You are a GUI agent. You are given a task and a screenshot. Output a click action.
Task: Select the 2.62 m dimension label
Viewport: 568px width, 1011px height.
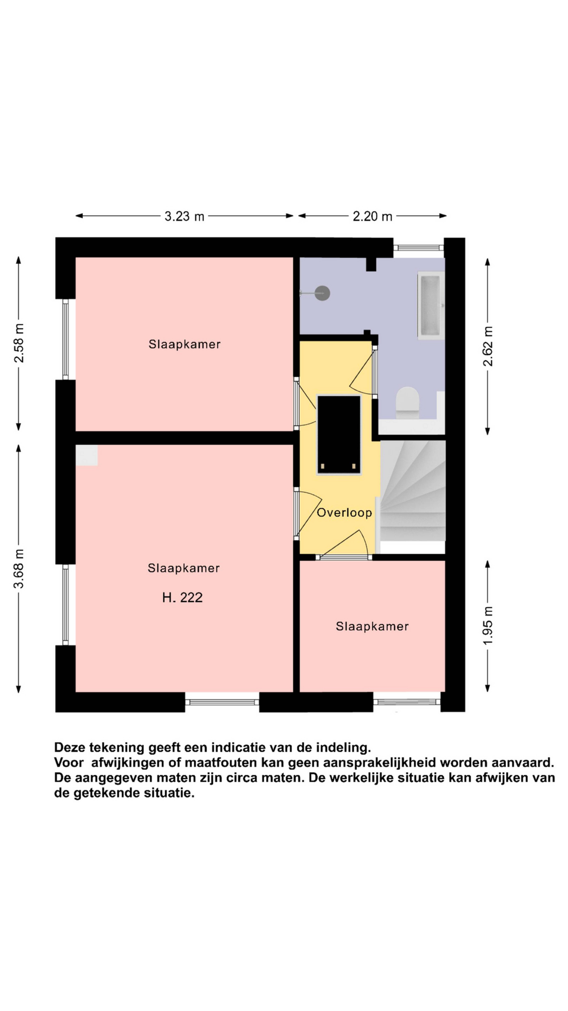coord(488,346)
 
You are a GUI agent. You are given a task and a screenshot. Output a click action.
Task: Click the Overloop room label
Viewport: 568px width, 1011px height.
coord(344,513)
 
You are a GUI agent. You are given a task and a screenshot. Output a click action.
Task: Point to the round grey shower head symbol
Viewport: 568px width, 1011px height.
coord(323,293)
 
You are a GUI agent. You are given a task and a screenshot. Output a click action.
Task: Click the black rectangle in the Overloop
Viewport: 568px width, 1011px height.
coord(339,435)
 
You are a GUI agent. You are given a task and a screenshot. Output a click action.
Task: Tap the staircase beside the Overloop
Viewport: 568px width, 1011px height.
coord(412,491)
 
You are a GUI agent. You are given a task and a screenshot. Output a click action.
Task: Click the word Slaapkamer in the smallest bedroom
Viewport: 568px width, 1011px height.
coord(372,626)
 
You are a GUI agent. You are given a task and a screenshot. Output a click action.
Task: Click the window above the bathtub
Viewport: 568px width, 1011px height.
coord(418,248)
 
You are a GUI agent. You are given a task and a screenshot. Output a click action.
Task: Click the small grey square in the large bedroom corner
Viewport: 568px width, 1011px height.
coord(87,455)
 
